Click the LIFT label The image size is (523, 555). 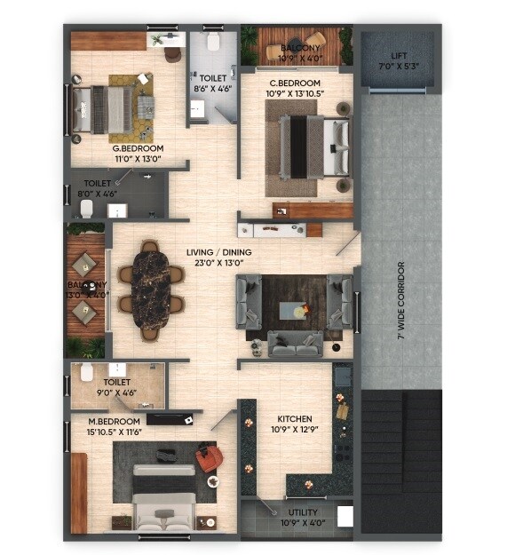coord(397,55)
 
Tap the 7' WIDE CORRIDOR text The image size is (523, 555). coord(401,301)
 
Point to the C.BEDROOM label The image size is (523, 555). coord(295,83)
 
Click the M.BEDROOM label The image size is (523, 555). coord(114,420)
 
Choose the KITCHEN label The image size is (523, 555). coord(294,418)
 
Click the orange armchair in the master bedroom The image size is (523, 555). coord(210,458)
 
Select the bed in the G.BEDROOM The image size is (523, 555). coord(100,109)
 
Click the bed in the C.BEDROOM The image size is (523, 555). coord(316,147)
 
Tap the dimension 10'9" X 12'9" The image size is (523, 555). coord(294,430)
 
